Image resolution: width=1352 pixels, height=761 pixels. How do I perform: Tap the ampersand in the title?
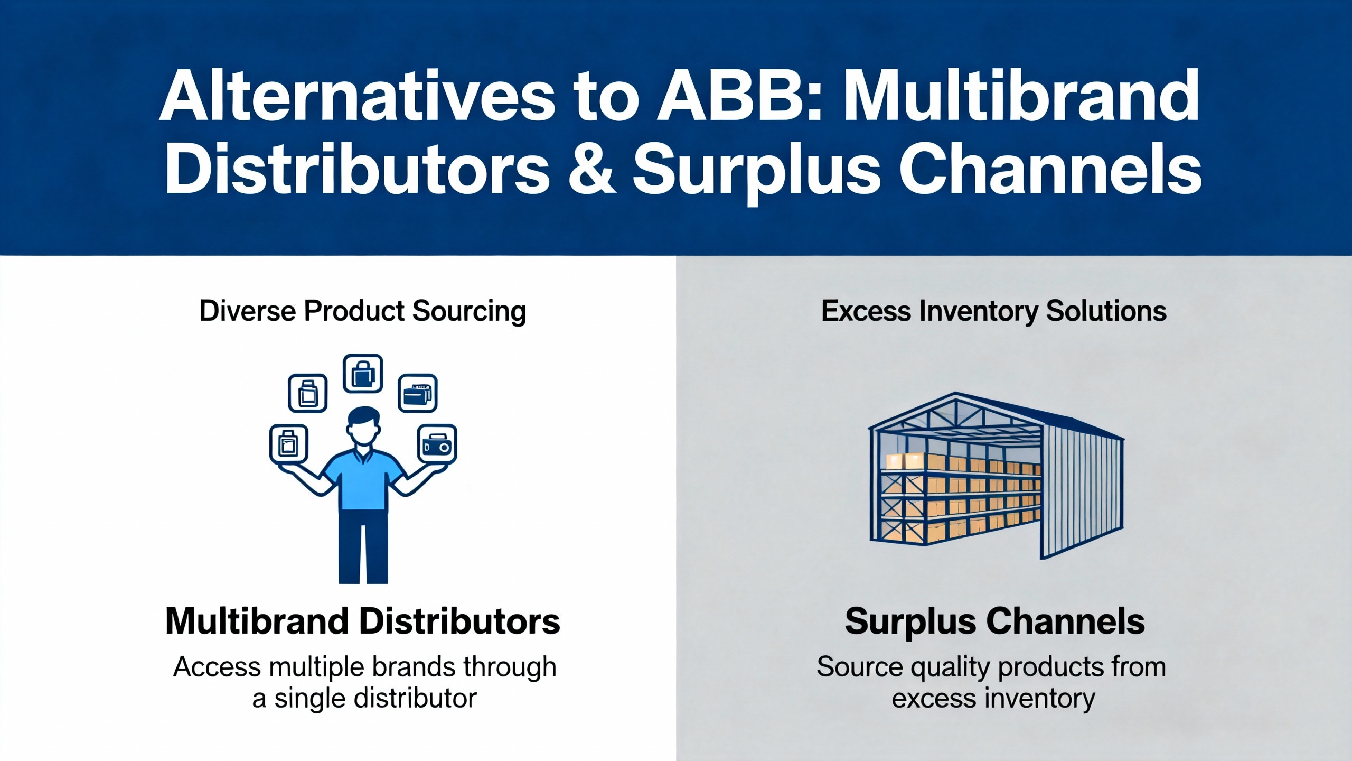click(592, 169)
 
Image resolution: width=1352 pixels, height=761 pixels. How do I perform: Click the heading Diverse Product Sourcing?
click(363, 311)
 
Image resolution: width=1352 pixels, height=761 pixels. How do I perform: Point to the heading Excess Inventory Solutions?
click(993, 311)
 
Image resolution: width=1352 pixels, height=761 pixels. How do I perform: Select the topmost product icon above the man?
click(363, 374)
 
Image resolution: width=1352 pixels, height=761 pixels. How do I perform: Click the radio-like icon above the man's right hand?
click(437, 445)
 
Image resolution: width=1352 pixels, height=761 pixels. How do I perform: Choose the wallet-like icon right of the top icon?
click(417, 393)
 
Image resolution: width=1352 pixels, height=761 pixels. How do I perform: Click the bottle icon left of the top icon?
click(307, 393)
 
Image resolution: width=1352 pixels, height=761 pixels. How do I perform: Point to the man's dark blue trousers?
click(363, 547)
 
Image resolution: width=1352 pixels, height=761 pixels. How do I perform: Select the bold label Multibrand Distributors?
click(363, 621)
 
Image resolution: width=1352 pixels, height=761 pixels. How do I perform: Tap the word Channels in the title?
click(1050, 169)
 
